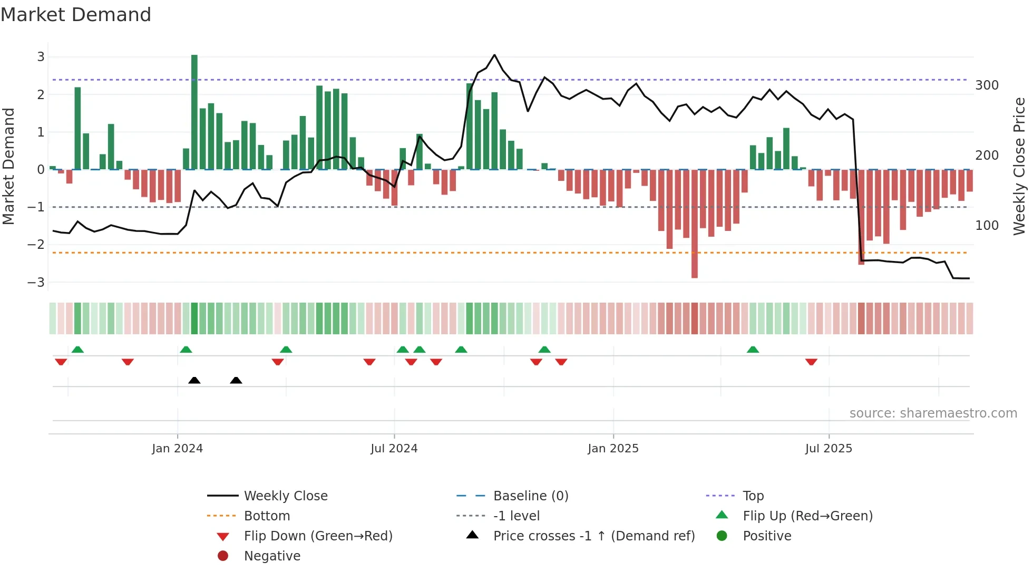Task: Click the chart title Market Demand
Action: tap(76, 15)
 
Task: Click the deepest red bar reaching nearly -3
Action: tap(695, 224)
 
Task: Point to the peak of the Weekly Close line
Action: tap(494, 55)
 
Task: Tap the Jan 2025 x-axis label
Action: tap(613, 449)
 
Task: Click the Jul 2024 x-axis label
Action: tap(394, 449)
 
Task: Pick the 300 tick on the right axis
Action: tap(987, 85)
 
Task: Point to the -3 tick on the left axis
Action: tap(36, 282)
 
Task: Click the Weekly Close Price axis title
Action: tap(1019, 166)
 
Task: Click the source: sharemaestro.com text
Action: tap(933, 413)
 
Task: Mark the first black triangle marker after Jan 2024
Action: tap(194, 380)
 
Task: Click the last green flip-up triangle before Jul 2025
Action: tap(753, 350)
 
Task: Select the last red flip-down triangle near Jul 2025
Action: tap(811, 362)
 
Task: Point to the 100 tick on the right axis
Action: tap(987, 226)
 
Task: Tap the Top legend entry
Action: tap(753, 496)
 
